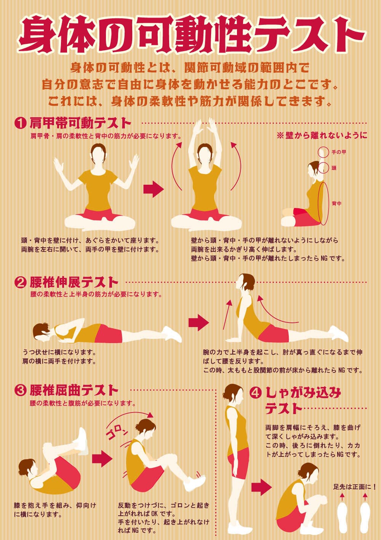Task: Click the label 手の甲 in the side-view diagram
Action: click(x=339, y=152)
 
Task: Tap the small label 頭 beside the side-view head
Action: click(x=334, y=168)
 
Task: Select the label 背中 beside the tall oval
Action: click(x=336, y=203)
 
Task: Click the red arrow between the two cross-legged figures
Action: click(x=154, y=189)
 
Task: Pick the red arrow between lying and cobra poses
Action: click(x=199, y=322)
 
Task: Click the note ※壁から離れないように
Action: click(x=322, y=136)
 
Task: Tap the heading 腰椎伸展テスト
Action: click(x=74, y=282)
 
